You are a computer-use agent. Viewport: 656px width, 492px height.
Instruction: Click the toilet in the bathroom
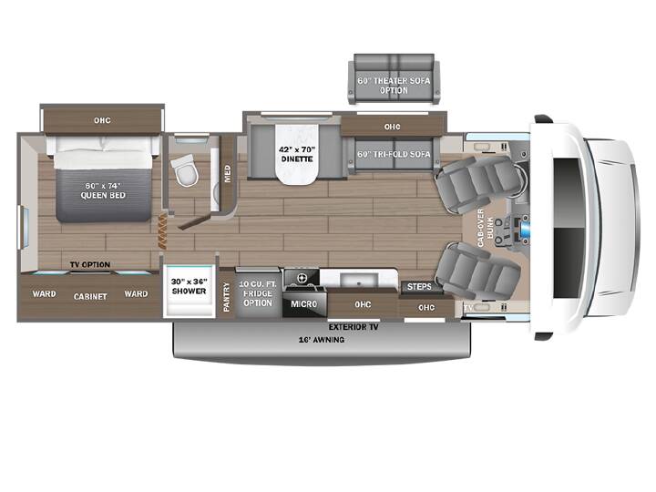tap(184, 169)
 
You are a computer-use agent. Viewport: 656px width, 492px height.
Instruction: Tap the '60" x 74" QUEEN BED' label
tap(103, 190)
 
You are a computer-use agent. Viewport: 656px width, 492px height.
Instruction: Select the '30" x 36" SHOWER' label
tap(190, 286)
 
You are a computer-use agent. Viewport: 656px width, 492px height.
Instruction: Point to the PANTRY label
tap(227, 297)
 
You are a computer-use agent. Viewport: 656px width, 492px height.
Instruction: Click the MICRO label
tap(303, 303)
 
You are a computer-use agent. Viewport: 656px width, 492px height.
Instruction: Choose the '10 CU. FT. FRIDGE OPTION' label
tap(258, 293)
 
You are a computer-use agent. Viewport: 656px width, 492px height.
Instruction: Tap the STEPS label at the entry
tap(419, 287)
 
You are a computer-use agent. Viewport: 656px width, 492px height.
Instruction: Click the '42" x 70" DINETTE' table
tap(297, 154)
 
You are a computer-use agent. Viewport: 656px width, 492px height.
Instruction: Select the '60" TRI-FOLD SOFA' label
tap(394, 154)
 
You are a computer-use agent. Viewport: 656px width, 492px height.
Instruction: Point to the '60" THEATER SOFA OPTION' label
tap(394, 86)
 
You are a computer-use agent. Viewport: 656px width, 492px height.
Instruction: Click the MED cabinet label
tap(228, 174)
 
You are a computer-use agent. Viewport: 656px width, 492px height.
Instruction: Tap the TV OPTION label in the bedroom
tap(90, 264)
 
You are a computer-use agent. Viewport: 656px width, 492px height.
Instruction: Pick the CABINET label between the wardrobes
tap(90, 296)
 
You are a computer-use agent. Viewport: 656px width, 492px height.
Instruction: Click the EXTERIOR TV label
tap(354, 327)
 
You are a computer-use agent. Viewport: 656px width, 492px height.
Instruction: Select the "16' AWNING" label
tap(322, 340)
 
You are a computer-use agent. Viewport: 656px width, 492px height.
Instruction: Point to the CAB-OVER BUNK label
tap(486, 228)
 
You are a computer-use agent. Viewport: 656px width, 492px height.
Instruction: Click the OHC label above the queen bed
tap(102, 120)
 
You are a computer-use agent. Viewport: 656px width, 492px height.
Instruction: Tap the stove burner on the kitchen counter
tap(302, 278)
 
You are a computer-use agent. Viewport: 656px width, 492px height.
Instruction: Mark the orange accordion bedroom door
tap(162, 231)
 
